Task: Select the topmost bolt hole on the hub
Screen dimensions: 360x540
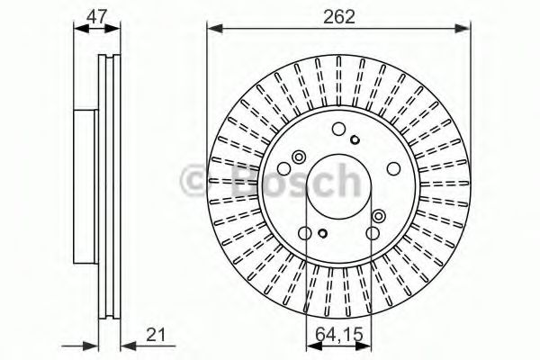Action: tap(338, 129)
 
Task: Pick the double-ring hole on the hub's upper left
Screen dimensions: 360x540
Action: tap(298, 155)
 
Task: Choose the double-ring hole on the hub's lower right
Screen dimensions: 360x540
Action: tap(378, 215)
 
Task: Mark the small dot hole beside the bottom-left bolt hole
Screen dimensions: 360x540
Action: tap(321, 236)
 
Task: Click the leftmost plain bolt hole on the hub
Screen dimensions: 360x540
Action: tap(283, 169)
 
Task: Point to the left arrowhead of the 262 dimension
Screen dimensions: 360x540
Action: tap(213, 29)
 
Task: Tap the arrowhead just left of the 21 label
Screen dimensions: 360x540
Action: tap(125, 344)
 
